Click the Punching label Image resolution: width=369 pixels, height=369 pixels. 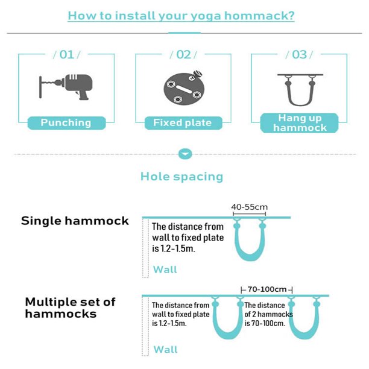tap(66, 123)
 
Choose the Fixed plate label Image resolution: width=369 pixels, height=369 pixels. tap(182, 123)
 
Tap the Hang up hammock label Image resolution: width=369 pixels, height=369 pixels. tap(299, 122)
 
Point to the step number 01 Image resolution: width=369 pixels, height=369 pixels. tap(66, 55)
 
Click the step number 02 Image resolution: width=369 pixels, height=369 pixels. tap(183, 55)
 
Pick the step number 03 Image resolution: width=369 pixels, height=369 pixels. tap(299, 55)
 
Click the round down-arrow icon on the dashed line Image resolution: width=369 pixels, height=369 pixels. tap(184, 154)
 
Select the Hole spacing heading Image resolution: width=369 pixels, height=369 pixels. tap(181, 177)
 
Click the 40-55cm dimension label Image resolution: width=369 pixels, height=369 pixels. tap(249, 207)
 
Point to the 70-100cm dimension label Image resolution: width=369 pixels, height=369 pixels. tap(266, 289)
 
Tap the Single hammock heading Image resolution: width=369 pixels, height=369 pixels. tap(75, 221)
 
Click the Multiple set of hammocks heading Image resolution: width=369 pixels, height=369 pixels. tap(70, 307)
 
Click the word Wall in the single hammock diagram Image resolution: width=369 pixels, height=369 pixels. tap(165, 270)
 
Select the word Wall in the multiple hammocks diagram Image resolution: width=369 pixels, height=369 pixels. tap(165, 350)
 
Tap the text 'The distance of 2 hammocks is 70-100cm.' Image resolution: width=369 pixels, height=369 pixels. tap(268, 314)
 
